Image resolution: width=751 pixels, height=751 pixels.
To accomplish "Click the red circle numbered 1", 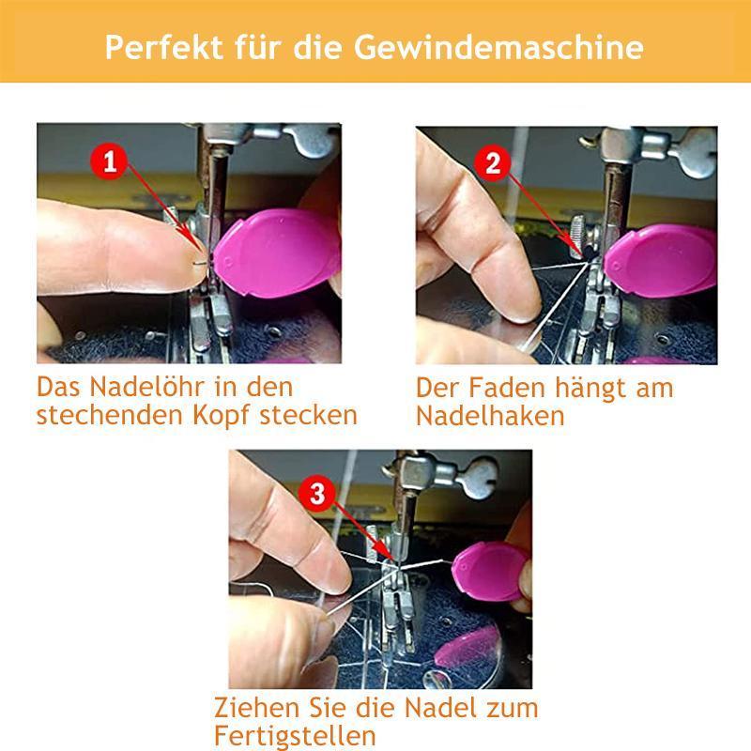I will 111,162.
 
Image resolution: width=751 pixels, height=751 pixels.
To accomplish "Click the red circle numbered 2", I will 493,163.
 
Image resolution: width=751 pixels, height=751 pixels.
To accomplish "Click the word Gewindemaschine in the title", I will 530,46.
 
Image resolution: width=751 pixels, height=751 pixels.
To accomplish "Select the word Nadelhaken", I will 490,416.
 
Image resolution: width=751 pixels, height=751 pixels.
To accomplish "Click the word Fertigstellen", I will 296,735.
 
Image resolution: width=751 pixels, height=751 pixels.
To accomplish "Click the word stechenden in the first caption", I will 104,414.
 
